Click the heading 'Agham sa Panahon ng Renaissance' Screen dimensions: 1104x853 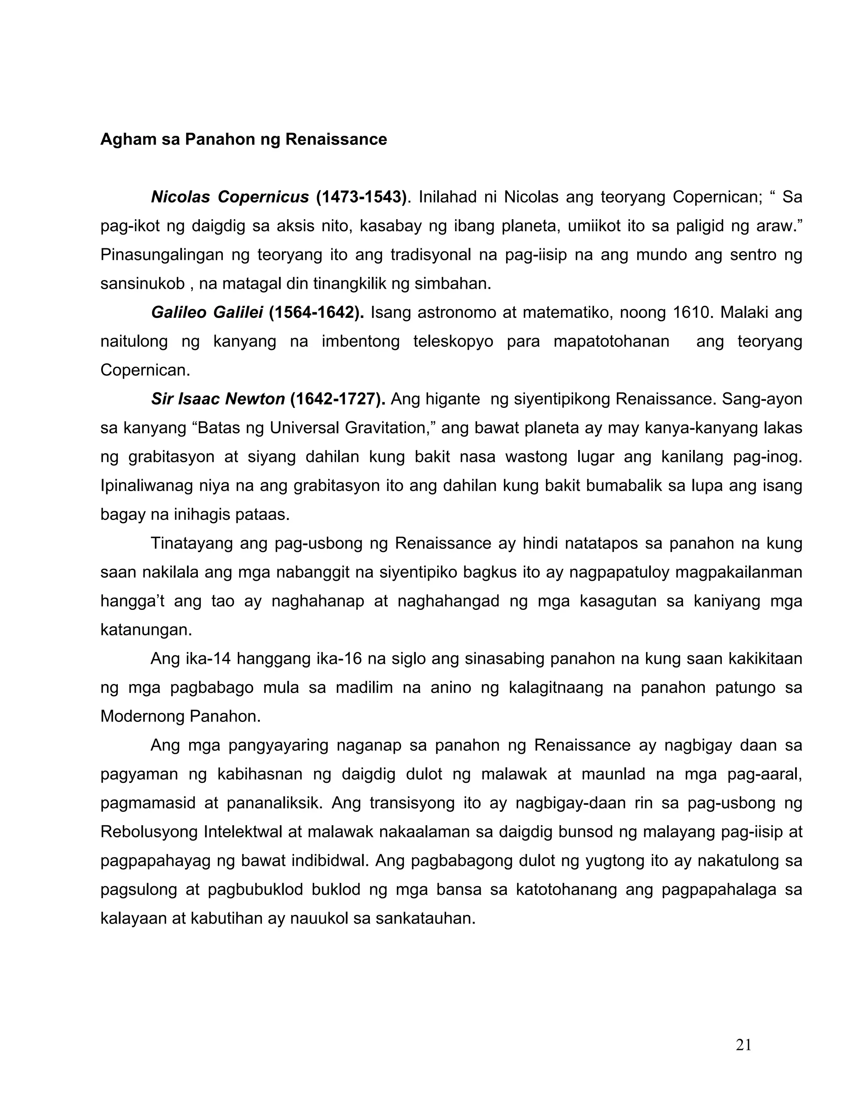coord(243,140)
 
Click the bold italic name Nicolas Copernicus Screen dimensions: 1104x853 coord(230,197)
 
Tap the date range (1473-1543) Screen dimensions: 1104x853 coord(361,197)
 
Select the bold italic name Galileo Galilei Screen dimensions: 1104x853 coord(207,313)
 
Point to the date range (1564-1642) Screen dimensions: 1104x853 coord(317,313)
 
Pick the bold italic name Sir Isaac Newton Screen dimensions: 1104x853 coord(218,400)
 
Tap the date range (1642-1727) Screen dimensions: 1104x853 coord(337,400)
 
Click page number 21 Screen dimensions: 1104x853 coord(743,1045)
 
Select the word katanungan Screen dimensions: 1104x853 coord(146,630)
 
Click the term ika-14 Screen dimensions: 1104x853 coord(204,659)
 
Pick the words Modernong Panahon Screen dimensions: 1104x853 coord(180,717)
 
